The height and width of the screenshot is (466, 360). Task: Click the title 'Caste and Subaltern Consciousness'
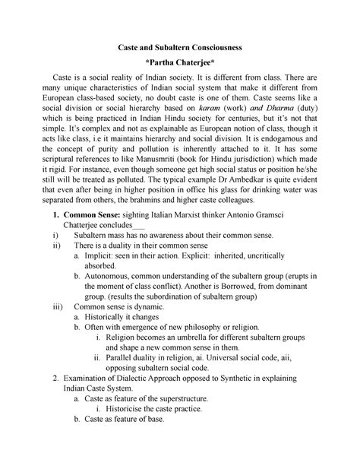(179, 47)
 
